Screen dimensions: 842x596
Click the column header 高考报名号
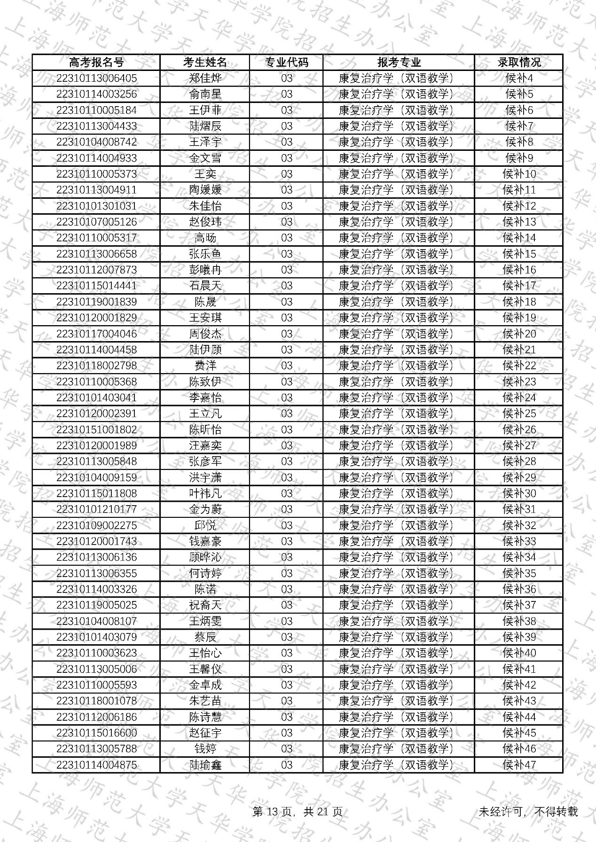point(96,62)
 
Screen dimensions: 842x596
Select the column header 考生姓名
point(205,62)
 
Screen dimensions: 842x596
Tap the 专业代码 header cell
point(286,62)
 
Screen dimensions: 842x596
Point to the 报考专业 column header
point(399,62)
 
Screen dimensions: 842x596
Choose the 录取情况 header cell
point(519,62)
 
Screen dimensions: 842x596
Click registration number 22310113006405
point(96,78)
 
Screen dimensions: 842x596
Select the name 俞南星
point(205,94)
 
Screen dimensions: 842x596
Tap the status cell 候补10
point(519,174)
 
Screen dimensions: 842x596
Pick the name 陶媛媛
point(205,190)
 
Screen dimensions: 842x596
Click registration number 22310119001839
point(96,302)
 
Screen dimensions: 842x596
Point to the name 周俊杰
point(205,334)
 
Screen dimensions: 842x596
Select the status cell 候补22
point(519,366)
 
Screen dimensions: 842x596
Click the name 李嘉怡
point(205,398)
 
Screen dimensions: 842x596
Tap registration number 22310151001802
point(96,430)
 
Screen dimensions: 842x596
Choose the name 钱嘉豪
point(205,541)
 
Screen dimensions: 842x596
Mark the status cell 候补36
point(519,589)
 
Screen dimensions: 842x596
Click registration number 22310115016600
point(96,733)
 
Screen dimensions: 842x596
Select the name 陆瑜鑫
point(205,765)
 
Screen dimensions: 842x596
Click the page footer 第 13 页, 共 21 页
point(298,811)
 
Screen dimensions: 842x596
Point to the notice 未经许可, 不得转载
point(528,811)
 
